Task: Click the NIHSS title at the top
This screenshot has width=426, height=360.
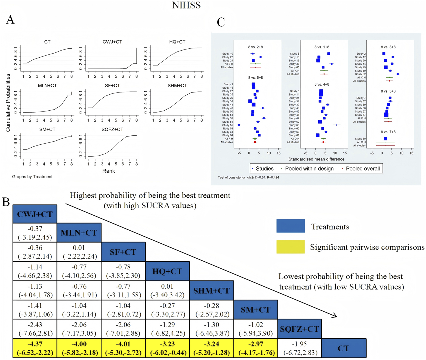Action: point(186,5)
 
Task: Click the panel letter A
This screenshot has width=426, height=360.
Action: point(10,20)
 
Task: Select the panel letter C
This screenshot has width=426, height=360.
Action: point(221,22)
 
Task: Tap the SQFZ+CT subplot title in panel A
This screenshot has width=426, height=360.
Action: point(112,129)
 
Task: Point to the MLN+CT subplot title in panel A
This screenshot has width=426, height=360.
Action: point(47,86)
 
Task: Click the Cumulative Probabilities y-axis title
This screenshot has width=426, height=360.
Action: point(8,103)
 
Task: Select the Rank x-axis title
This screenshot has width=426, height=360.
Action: point(109,171)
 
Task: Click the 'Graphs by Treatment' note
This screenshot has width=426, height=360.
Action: point(32,177)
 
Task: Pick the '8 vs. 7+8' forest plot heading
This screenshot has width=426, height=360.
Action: point(388,132)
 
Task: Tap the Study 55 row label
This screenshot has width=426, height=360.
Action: point(227,125)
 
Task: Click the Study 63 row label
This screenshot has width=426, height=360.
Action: point(294,125)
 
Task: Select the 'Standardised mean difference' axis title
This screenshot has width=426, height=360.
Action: point(316,159)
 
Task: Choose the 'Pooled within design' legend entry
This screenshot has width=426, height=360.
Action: point(309,169)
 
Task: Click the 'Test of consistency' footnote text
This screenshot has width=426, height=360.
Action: point(248,178)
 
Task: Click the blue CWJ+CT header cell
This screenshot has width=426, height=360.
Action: point(35,214)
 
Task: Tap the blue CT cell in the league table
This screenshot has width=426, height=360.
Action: point(344,348)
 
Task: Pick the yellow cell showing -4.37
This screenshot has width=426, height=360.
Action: point(35,348)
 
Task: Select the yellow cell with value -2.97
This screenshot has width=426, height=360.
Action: point(256,348)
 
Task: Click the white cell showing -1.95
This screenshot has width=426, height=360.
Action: point(300,348)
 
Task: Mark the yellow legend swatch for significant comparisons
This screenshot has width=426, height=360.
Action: point(290,247)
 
